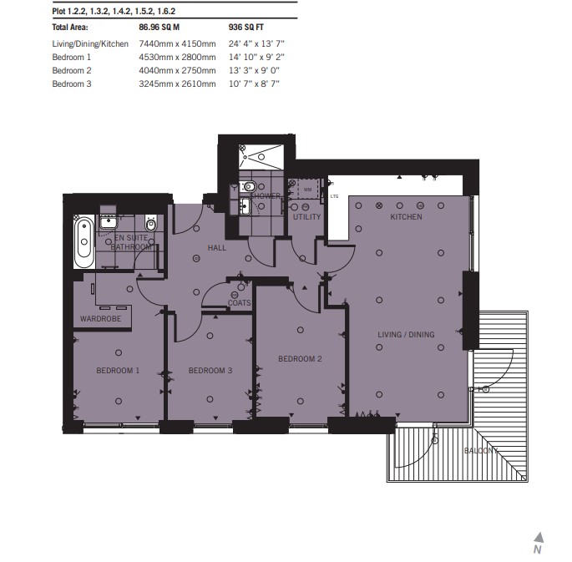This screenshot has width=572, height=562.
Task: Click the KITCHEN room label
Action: (406, 217)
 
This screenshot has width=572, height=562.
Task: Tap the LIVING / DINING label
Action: (406, 334)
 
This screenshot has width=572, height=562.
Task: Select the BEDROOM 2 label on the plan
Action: (300, 359)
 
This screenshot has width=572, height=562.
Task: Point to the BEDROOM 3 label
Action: (210, 371)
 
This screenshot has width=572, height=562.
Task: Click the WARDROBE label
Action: (101, 319)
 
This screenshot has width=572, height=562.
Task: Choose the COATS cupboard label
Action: (240, 302)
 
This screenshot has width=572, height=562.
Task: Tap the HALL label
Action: (216, 248)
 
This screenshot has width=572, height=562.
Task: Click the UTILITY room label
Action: (306, 217)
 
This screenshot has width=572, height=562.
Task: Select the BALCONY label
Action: (481, 451)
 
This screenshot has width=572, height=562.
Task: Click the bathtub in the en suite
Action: (84, 242)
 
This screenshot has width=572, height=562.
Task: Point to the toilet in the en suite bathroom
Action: (150, 224)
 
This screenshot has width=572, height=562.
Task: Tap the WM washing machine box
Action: (308, 190)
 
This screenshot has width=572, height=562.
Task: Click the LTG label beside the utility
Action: (334, 196)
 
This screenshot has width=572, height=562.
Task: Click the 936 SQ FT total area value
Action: (246, 28)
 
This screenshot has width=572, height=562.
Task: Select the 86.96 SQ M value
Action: (159, 28)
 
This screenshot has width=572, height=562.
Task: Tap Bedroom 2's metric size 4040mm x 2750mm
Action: (177, 70)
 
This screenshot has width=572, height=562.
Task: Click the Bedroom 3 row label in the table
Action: (72, 84)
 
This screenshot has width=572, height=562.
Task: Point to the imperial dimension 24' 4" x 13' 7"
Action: (256, 43)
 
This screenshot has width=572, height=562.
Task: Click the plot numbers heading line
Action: (114, 12)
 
